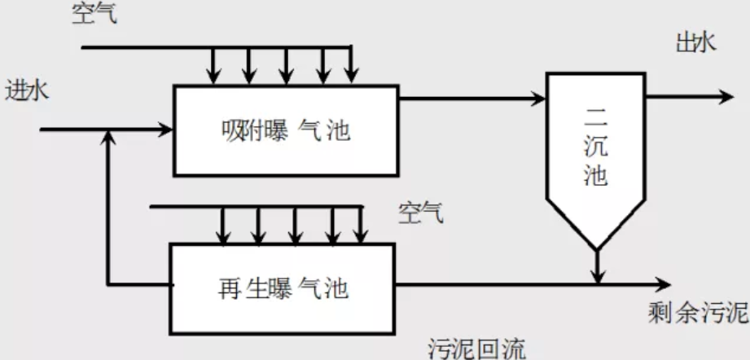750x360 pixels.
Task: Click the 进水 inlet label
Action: click(27, 90)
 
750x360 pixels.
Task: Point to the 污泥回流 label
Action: click(472, 348)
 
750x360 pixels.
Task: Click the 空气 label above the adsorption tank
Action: click(94, 14)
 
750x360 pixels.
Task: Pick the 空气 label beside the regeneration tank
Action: click(421, 214)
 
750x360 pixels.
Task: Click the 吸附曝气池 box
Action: click(286, 130)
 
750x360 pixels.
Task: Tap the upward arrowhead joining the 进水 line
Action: click(108, 138)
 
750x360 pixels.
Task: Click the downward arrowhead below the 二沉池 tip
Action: click(597, 277)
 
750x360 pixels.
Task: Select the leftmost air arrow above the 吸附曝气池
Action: click(213, 76)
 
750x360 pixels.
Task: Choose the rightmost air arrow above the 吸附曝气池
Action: click(351, 76)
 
